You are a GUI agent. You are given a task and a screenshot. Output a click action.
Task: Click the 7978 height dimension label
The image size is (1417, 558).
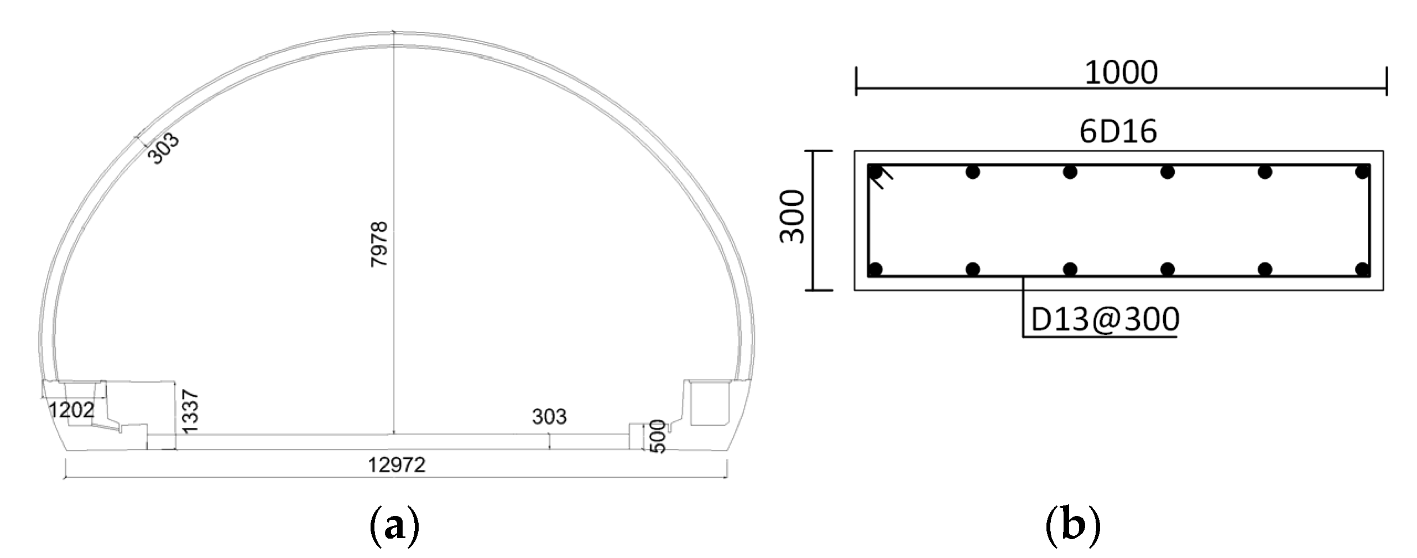click(x=379, y=244)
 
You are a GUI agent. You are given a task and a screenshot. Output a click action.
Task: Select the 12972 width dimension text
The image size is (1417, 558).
click(x=397, y=465)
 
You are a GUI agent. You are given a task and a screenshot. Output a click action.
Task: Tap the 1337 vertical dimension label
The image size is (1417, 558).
click(x=190, y=411)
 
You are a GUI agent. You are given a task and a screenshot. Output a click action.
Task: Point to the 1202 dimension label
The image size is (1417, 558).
click(x=72, y=410)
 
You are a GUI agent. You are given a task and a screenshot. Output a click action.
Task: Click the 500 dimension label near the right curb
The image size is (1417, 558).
click(x=657, y=436)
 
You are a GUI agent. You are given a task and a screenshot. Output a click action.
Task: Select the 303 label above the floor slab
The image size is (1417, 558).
click(x=549, y=416)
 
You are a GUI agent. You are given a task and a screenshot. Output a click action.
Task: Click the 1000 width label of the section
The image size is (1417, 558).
click(x=1121, y=73)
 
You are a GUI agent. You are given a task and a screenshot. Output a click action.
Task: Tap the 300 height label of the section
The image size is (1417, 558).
click(x=792, y=216)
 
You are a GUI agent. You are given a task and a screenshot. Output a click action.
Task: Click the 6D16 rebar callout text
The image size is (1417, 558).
click(x=1118, y=132)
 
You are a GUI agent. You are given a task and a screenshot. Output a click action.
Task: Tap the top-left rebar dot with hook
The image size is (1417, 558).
click(x=876, y=173)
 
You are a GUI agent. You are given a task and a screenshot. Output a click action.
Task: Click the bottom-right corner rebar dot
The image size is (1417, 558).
click(x=1362, y=270)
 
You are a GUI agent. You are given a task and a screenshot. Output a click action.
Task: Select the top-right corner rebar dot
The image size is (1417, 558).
click(x=1362, y=173)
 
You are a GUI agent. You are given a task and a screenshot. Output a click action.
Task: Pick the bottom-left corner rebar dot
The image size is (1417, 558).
click(x=876, y=270)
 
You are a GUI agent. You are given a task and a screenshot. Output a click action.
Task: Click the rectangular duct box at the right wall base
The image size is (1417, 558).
click(x=710, y=403)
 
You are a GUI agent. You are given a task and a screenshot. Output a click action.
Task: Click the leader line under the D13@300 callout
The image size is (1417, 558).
click(x=1023, y=310)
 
